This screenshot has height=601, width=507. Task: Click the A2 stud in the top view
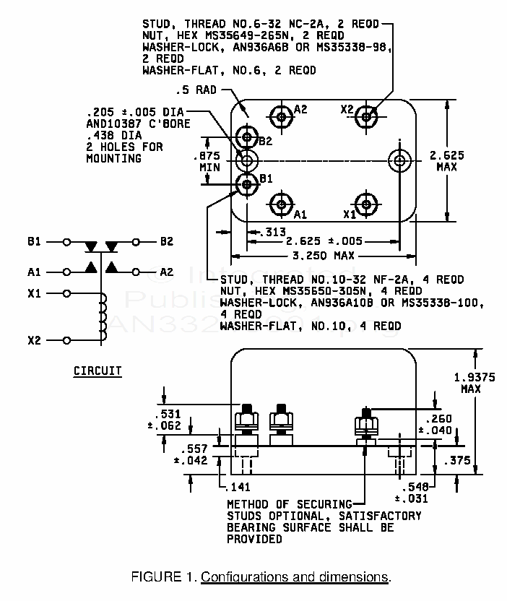pos(280,115)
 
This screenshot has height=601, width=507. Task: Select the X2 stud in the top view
pos(368,115)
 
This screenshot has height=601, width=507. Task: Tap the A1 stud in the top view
pos(280,202)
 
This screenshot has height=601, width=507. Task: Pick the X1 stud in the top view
pos(368,202)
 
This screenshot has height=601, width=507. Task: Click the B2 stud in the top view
pos(248,136)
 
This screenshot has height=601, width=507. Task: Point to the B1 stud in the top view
pos(248,184)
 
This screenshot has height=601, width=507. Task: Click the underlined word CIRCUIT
pos(97,371)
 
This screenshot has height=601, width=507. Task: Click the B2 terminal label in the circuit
pos(167,241)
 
